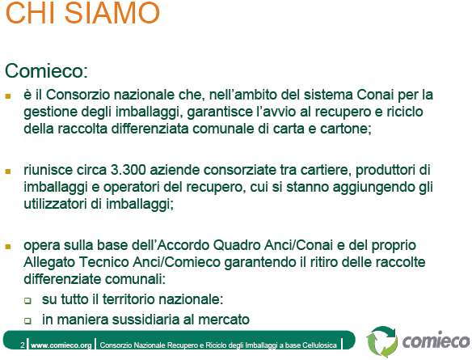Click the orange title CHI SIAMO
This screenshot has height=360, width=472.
click(x=82, y=13)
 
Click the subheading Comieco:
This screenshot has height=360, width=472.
click(x=46, y=71)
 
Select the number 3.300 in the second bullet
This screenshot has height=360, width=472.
click(x=129, y=170)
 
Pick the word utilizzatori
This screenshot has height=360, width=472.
click(x=55, y=204)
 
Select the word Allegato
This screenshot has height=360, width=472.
click(x=49, y=262)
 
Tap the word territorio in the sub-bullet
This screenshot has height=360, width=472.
click(x=129, y=299)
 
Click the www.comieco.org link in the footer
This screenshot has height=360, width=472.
click(x=61, y=345)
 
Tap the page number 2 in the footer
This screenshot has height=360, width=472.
click(x=23, y=345)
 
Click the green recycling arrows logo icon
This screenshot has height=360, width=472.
click(x=382, y=341)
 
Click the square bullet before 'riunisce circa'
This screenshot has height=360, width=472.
click(x=8, y=172)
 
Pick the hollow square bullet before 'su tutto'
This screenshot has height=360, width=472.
click(x=27, y=301)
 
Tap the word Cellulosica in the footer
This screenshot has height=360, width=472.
click(x=319, y=345)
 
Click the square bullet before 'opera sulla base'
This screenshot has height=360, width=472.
click(x=8, y=247)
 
